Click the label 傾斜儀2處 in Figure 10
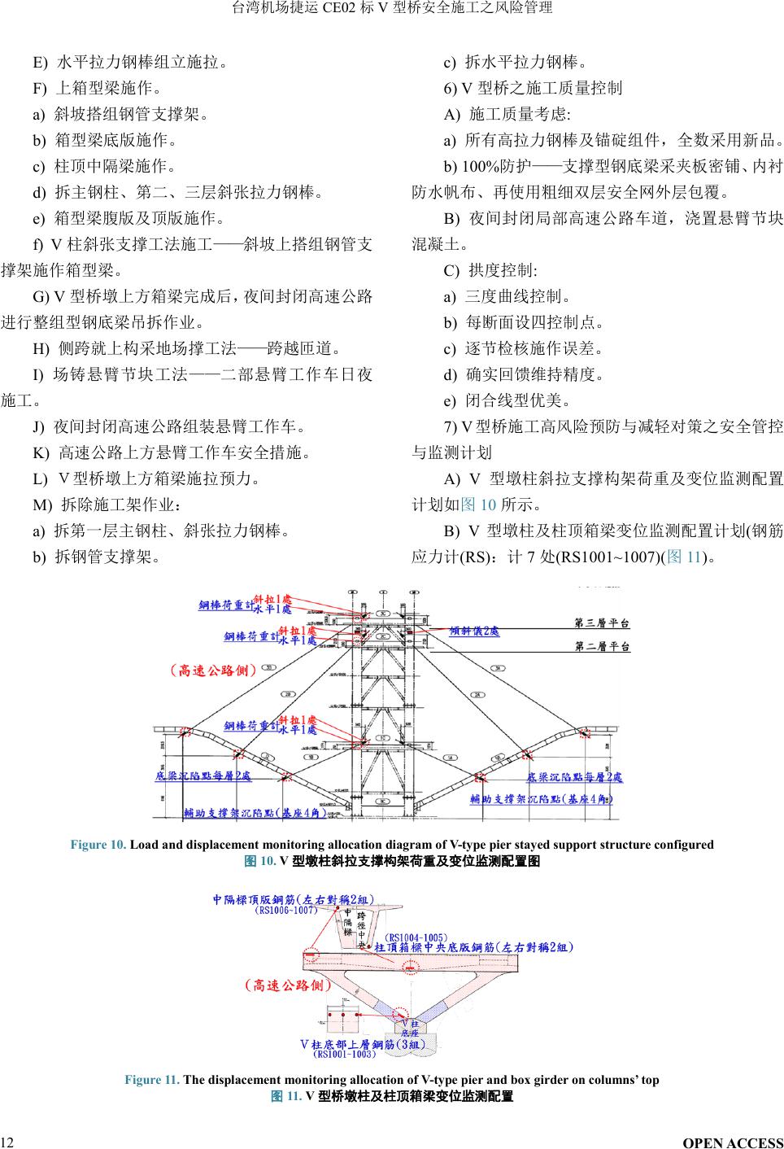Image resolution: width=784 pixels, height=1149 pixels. click(475, 631)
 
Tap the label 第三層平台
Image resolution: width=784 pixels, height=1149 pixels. click(602, 624)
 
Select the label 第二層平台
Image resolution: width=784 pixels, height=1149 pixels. click(602, 647)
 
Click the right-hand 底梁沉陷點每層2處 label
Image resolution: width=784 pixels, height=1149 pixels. click(574, 778)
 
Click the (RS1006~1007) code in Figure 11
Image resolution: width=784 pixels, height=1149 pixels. click(285, 911)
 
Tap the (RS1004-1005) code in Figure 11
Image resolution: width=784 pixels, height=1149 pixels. click(415, 938)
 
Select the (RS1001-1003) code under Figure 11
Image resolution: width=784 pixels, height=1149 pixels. click(345, 1055)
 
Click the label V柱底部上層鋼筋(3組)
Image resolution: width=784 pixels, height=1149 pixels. click(363, 1044)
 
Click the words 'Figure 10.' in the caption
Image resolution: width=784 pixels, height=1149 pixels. click(98, 845)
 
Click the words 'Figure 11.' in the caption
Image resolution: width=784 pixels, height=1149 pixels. click(151, 1080)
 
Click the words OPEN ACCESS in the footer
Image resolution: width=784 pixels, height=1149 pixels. click(733, 1143)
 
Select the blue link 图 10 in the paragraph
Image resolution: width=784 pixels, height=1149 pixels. click(478, 505)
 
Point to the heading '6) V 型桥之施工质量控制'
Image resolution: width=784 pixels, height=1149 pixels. click(533, 88)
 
